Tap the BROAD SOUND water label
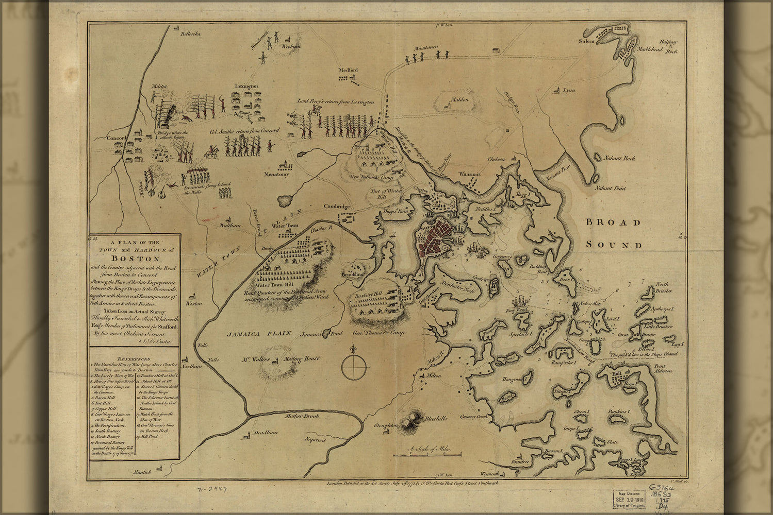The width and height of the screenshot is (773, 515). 614,233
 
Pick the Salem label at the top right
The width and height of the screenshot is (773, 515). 586,40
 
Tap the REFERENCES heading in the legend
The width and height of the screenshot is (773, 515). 134,358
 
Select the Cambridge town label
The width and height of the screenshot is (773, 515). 337,207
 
